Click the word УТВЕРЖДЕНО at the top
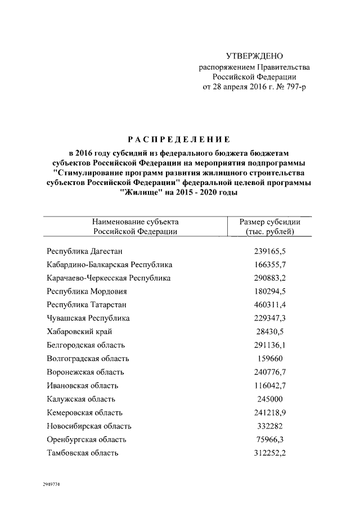click(254, 56)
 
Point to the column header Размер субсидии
click(269, 222)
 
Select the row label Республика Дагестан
click(84, 251)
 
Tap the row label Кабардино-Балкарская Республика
click(109, 264)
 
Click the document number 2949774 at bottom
click(51, 484)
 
